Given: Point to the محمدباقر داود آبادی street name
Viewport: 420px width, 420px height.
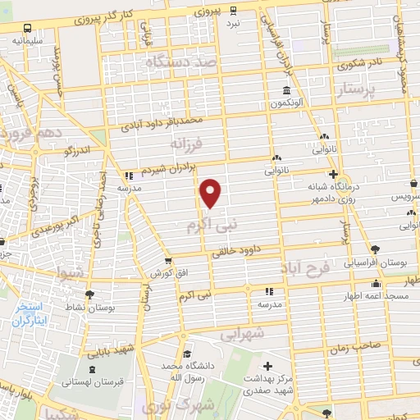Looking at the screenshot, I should (x=161, y=125).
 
